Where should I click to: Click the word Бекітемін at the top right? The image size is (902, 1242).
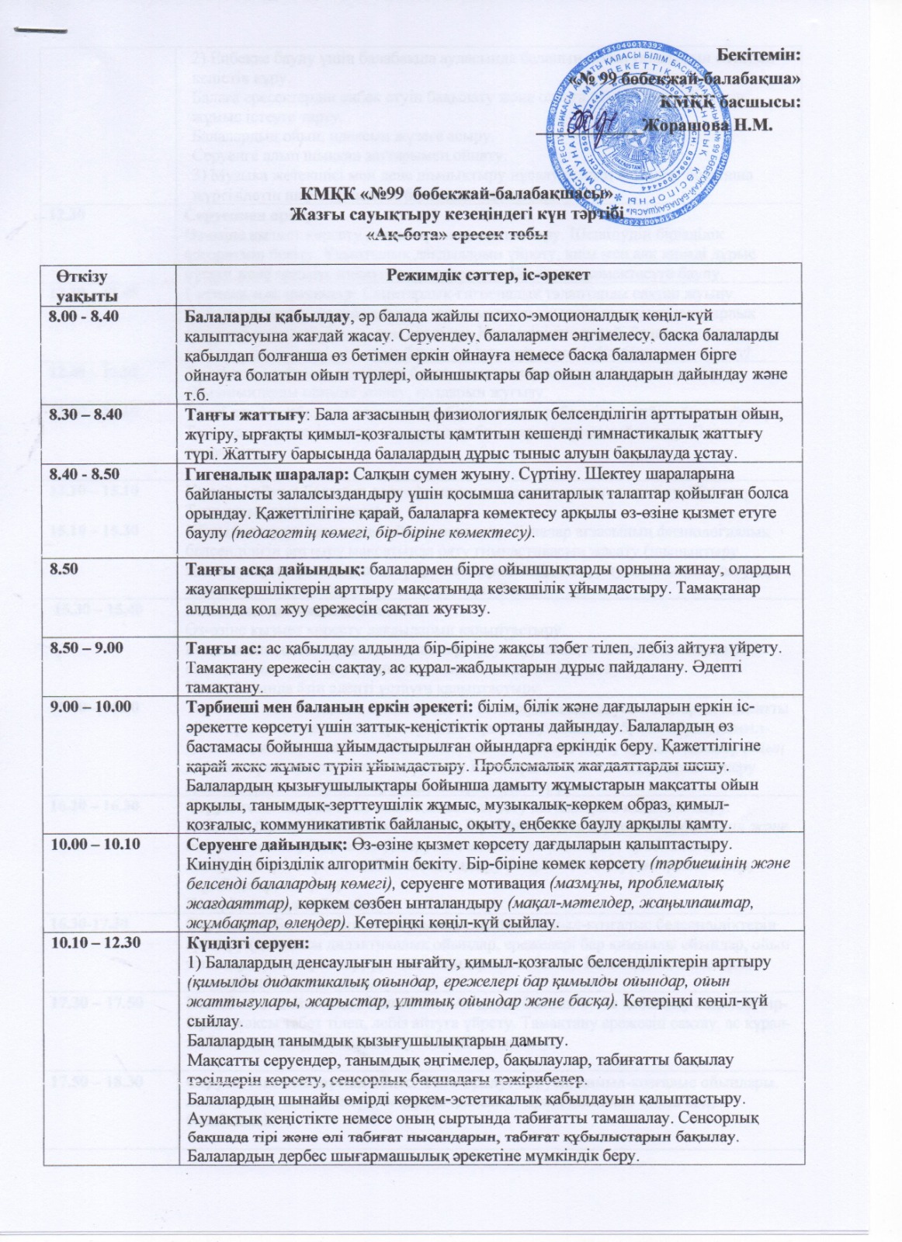pyautogui.click(x=757, y=54)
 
